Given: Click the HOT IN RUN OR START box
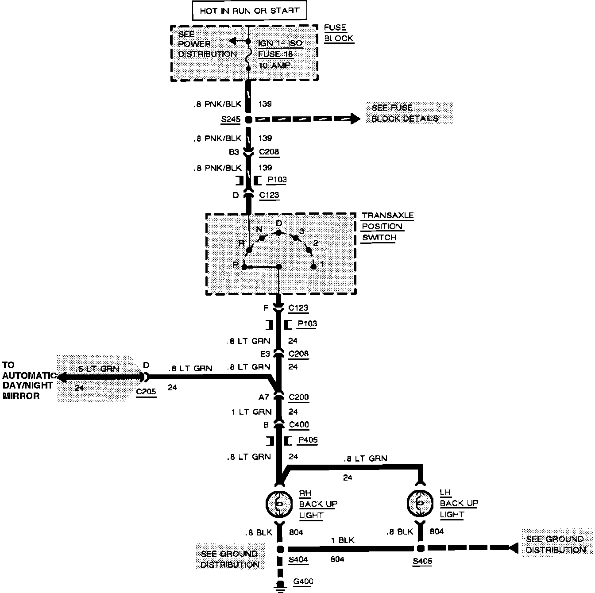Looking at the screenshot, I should click(x=249, y=11).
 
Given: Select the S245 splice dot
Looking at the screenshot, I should click(x=248, y=119).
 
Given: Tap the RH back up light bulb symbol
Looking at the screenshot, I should click(x=279, y=504).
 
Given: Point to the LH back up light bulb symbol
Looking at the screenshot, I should click(x=420, y=504).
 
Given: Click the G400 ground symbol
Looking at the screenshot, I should click(x=280, y=585).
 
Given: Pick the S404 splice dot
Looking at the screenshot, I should click(x=280, y=549).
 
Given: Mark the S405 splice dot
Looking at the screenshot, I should click(x=420, y=549).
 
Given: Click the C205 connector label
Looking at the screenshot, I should click(x=146, y=392).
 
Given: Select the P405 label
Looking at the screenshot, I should click(x=308, y=440).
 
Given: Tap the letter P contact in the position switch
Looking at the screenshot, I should click(x=244, y=267).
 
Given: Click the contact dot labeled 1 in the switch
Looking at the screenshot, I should click(x=314, y=266).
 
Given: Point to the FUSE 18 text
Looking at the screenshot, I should click(x=275, y=54).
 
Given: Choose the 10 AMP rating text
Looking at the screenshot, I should click(x=274, y=65).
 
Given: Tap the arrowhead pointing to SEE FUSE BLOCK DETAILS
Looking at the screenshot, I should click(x=354, y=119).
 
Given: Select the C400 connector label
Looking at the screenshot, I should click(x=299, y=425).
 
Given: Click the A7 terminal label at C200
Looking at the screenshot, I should click(x=264, y=397).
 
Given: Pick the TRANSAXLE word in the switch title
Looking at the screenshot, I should click(x=387, y=216).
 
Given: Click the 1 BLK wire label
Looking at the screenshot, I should click(x=343, y=540).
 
